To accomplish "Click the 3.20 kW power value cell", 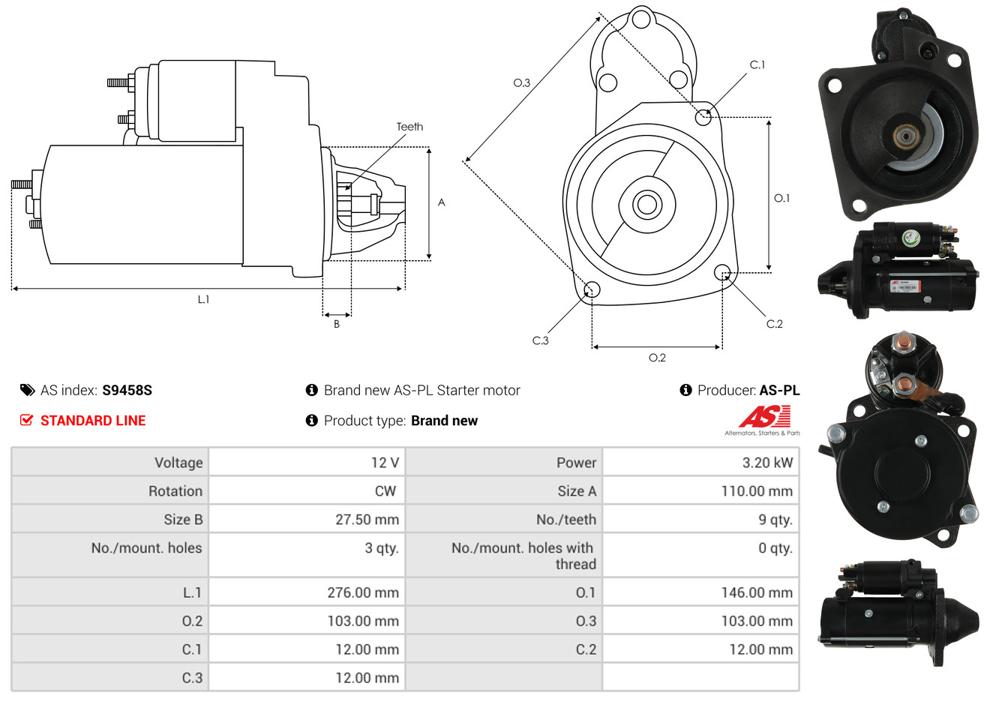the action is (x=767, y=462).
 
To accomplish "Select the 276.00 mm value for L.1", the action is (x=363, y=592).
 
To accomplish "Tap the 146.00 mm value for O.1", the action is (x=757, y=592).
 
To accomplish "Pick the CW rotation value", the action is (x=385, y=491).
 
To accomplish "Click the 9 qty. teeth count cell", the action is (x=775, y=520).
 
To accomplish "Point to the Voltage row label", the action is (x=178, y=463).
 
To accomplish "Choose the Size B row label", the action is (x=183, y=520).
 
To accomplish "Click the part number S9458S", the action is (x=127, y=390).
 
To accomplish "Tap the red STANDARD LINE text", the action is (x=93, y=421).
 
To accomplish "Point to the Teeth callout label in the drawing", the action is (x=409, y=127).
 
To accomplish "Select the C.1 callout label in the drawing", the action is (x=757, y=64).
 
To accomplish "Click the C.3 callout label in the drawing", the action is (x=540, y=340).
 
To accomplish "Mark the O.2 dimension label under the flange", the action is (x=657, y=358).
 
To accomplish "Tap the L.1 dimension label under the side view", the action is (x=203, y=299).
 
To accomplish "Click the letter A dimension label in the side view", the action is (x=441, y=202).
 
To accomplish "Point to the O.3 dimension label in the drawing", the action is (x=522, y=82).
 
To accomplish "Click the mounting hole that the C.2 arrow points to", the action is (x=722, y=272).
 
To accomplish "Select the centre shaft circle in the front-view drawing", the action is (x=646, y=205).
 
